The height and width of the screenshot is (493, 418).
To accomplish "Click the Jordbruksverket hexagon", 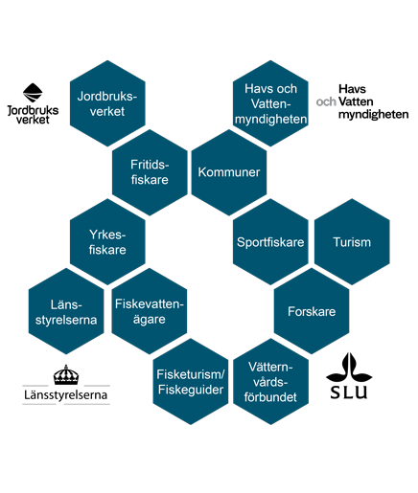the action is tap(107, 103).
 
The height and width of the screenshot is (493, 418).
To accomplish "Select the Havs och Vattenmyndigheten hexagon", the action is tap(270, 103).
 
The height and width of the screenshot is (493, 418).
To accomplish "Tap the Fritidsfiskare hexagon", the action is tap(150, 172).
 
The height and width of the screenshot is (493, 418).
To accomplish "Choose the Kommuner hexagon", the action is tap(229, 172).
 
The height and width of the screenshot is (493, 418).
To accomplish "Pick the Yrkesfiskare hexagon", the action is tap(107, 242).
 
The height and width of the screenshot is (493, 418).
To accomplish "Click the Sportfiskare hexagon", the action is tap(270, 242).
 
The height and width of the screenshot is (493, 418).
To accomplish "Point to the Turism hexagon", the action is tap(352, 242).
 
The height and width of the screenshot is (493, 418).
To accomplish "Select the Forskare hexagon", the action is tap(312, 311).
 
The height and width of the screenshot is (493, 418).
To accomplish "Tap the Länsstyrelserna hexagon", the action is tap(66, 311).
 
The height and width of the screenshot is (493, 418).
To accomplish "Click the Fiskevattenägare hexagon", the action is tap(150, 311).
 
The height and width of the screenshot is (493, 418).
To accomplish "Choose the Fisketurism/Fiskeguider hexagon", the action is tap(191, 382).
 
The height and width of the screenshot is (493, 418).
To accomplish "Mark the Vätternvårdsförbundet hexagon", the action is tap(270, 382).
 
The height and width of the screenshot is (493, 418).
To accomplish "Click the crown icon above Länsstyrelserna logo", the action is tap(66, 374).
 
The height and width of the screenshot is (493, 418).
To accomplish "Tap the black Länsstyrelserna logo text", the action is tap(66, 395).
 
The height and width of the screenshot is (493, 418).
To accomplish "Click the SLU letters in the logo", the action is tap(349, 392).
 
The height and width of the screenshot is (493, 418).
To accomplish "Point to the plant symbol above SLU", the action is tap(349, 368).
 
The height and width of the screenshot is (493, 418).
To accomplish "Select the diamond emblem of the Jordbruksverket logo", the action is tap(33, 93).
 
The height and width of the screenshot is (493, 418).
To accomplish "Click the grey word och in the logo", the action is tap(326, 101).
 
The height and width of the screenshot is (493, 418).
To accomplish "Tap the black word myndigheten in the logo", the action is tap(373, 115).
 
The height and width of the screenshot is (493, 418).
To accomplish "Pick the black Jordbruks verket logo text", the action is tap(33, 115).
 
